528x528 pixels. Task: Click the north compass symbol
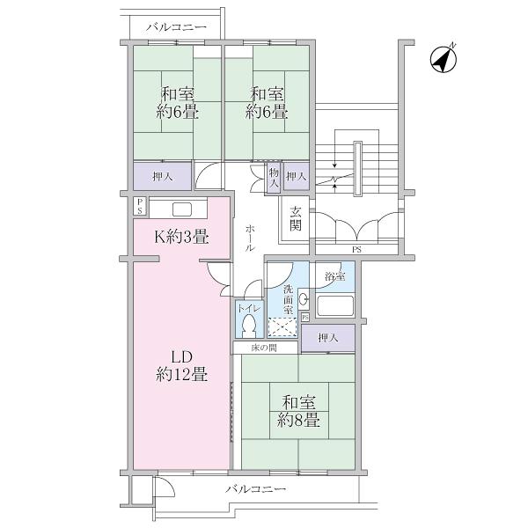(x=443, y=59)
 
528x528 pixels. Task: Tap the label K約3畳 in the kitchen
(x=181, y=236)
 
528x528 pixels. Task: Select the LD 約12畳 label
(x=181, y=366)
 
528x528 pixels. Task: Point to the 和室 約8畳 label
(x=299, y=412)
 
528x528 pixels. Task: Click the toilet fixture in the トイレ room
(x=248, y=326)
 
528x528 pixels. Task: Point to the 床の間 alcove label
(x=264, y=348)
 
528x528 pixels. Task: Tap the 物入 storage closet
(x=274, y=180)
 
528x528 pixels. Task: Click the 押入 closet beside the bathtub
(x=327, y=338)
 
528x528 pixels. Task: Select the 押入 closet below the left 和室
(x=162, y=176)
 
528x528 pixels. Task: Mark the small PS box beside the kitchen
(x=139, y=206)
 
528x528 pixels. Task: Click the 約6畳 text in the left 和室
(x=177, y=112)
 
